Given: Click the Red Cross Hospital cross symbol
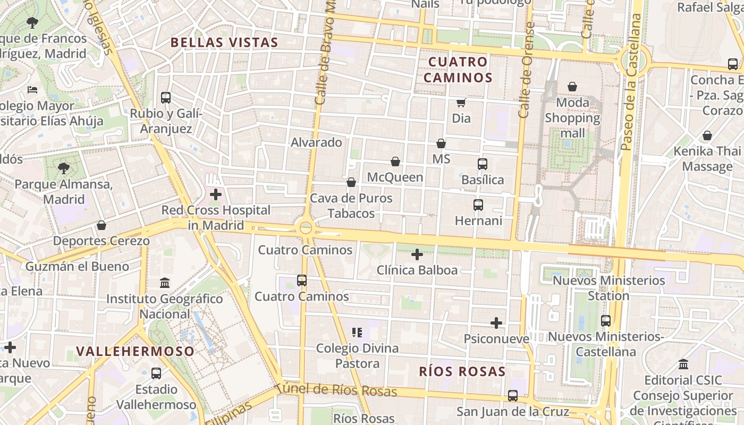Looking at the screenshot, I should tap(215, 194).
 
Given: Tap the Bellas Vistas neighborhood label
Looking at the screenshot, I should tap(224, 42).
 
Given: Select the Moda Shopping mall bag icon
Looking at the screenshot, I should tap(572, 87).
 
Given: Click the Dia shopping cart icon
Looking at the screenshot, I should tap(461, 103).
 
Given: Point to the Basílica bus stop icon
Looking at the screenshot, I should tap(482, 164).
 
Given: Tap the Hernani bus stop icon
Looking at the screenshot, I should tap(478, 205).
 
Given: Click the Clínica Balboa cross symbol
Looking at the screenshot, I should tap(417, 254).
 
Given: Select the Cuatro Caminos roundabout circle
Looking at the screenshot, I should tap(306, 228).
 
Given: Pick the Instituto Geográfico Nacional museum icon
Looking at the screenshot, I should tap(165, 283).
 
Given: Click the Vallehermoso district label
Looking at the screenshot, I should tap(136, 351).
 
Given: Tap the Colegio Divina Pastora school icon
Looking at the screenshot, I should tap(357, 333).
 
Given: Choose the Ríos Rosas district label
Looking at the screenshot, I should tap(462, 371).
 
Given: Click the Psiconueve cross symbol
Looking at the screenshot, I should tap(496, 323).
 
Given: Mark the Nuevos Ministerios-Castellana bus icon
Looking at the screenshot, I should tap(606, 321).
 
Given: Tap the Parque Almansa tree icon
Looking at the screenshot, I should tap(64, 169).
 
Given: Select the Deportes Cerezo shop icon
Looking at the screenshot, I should tap(102, 225).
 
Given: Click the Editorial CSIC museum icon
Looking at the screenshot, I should tap(683, 364).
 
